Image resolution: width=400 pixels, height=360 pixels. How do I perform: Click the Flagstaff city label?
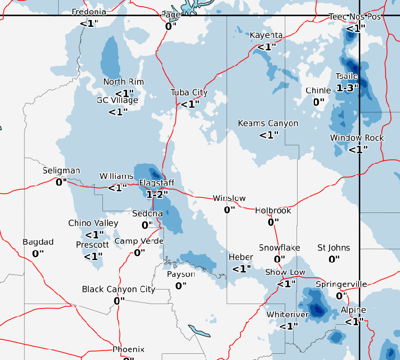tap(157, 183)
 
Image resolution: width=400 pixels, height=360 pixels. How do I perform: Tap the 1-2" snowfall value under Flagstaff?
tap(157, 194)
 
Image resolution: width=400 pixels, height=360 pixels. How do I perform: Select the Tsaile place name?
tap(346, 77)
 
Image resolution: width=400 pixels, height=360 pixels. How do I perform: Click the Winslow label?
tap(229, 198)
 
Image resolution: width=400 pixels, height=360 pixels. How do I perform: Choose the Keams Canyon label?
tap(268, 124)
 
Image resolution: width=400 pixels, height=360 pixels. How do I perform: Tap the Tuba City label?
tap(189, 93)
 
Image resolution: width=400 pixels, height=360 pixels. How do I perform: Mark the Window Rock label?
tap(357, 138)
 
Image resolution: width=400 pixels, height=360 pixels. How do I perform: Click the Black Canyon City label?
tap(119, 290)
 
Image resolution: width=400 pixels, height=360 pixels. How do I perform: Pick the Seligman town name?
tap(62, 170)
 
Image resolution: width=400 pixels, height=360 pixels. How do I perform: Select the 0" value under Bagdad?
tap(38, 253)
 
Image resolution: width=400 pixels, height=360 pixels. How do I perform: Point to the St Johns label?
tap(334, 248)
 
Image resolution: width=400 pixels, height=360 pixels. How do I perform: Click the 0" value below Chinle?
tap(318, 102)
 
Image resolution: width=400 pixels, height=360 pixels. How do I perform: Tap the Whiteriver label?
tap(288, 315)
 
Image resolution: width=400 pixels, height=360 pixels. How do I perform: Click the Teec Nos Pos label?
tap(355, 17)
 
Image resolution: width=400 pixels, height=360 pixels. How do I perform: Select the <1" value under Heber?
tap(241, 268)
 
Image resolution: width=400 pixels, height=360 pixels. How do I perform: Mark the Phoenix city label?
tap(129, 349)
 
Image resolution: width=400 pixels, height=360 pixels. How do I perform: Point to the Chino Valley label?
tap(93, 223)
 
